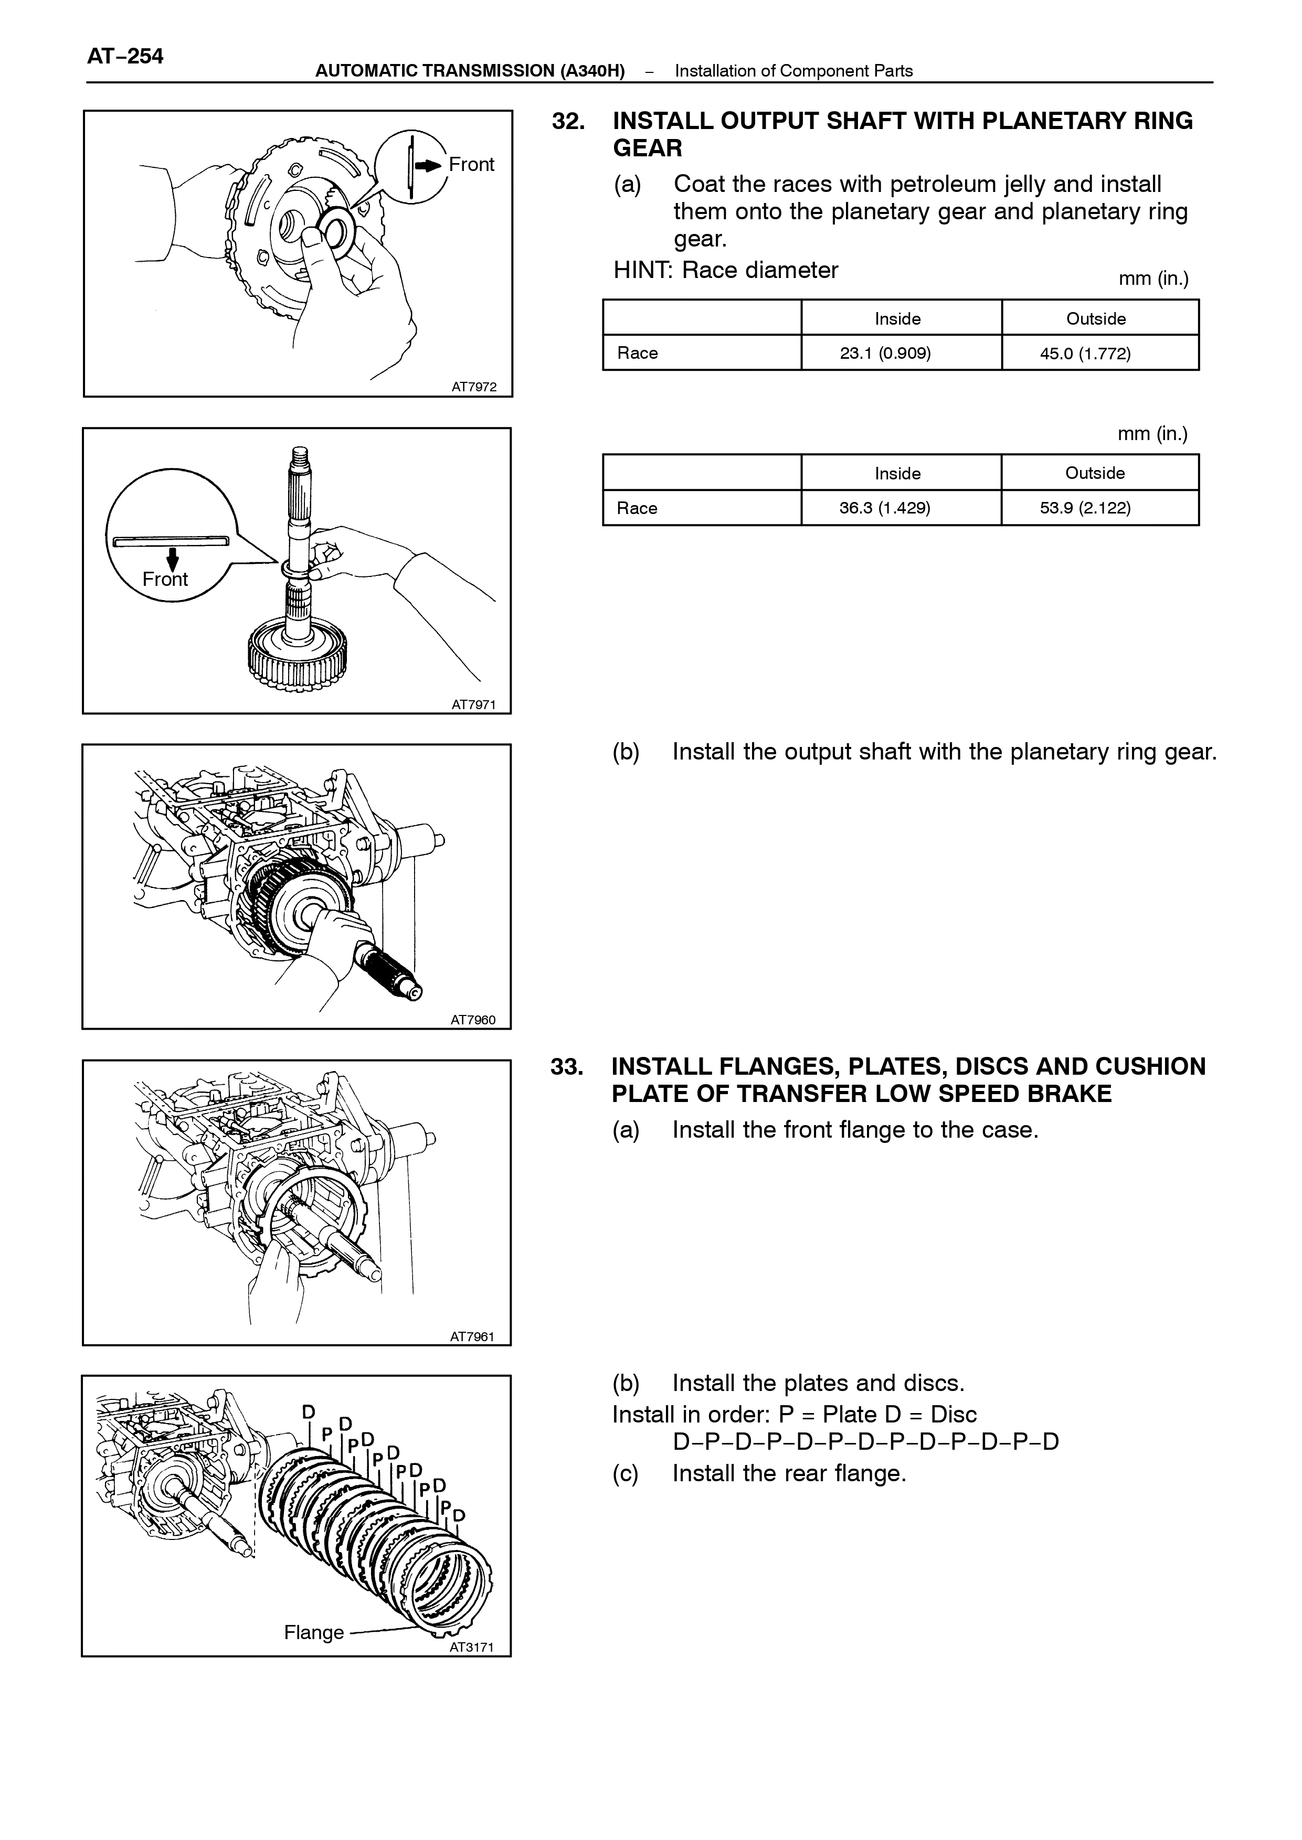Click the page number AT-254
pyautogui.click(x=125, y=56)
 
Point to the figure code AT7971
pyautogui.click(x=473, y=704)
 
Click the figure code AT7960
pyautogui.click(x=473, y=1020)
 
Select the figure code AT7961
pyautogui.click(x=473, y=1336)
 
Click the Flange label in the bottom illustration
pyautogui.click(x=313, y=1632)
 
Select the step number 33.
pyautogui.click(x=567, y=1067)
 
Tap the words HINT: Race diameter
pyautogui.click(x=726, y=270)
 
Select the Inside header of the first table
pyautogui.click(x=898, y=319)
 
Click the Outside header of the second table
pyautogui.click(x=1095, y=473)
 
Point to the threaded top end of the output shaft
pyautogui.click(x=300, y=457)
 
